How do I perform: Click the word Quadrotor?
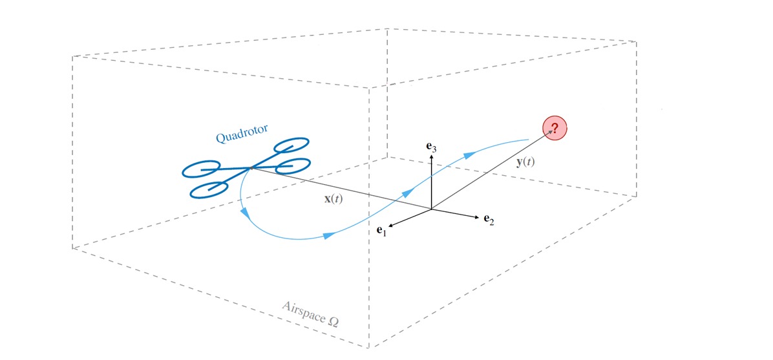coord(242,133)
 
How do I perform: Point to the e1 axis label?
coord(381,230)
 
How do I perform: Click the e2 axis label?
coord(489,220)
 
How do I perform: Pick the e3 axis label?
coord(432,147)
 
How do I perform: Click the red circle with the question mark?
coord(555,129)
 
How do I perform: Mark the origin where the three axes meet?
coord(432,209)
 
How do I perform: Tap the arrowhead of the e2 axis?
coord(476,217)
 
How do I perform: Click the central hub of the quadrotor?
coord(251,168)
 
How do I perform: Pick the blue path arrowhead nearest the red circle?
coord(471,156)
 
